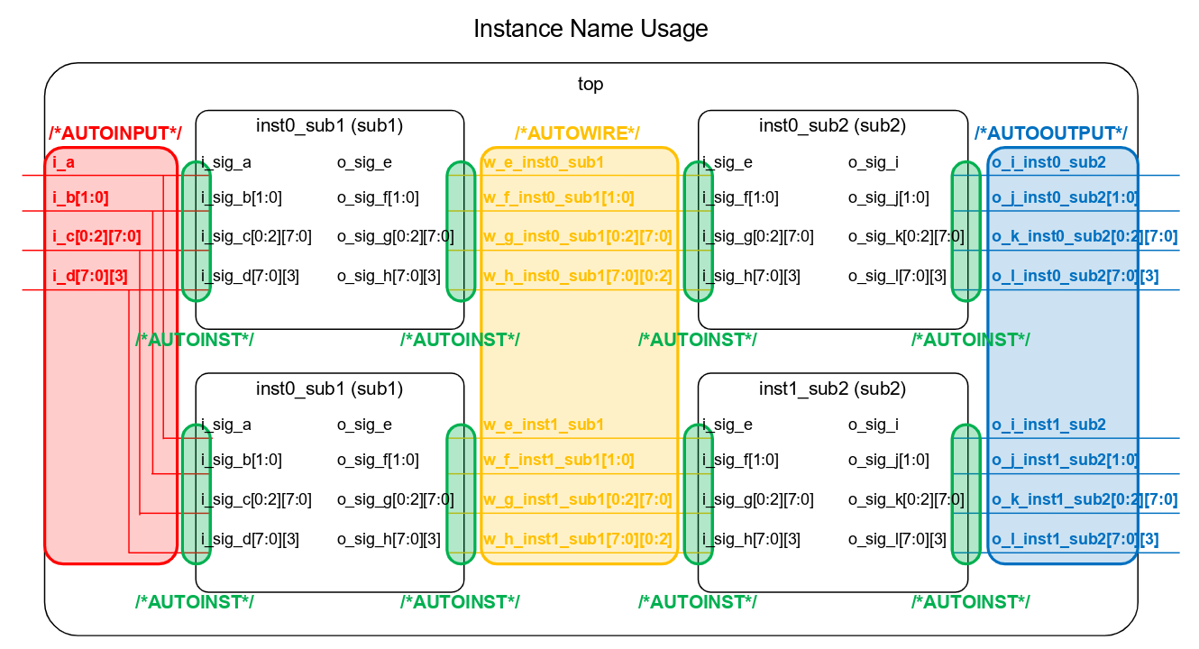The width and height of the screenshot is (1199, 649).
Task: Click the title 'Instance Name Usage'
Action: (x=590, y=29)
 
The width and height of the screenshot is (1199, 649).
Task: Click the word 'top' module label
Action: (x=590, y=84)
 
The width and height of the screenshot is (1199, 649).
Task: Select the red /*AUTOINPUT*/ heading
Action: (x=114, y=133)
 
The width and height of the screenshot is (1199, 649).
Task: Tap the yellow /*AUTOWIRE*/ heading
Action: (x=577, y=133)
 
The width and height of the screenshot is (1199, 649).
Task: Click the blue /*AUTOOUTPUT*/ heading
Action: (x=1050, y=133)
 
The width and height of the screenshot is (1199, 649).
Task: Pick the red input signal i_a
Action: (x=64, y=163)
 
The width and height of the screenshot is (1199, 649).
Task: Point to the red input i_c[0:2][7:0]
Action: (x=96, y=237)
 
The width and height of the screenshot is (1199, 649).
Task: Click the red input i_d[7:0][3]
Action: (x=89, y=275)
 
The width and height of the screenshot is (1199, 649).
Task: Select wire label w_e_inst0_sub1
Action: (x=544, y=163)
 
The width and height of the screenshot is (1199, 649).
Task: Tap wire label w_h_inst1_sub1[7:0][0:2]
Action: (x=578, y=540)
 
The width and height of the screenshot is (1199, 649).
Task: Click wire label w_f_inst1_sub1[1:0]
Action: (x=559, y=460)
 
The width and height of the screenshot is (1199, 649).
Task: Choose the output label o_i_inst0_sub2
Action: (x=1048, y=163)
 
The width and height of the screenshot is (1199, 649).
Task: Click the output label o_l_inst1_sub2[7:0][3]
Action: (x=1075, y=540)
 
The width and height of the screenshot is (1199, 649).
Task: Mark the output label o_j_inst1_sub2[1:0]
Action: (x=1065, y=460)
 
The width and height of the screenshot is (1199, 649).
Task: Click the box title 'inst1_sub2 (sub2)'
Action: (x=832, y=388)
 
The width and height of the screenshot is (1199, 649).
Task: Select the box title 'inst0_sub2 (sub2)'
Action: (x=832, y=125)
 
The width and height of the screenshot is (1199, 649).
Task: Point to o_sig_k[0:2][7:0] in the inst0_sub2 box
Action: (x=906, y=237)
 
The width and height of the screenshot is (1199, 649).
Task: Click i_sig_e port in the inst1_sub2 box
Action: (x=728, y=425)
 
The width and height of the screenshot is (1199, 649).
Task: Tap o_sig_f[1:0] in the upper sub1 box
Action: (x=378, y=198)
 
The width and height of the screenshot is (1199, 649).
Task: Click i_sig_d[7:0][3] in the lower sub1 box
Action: (x=250, y=540)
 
